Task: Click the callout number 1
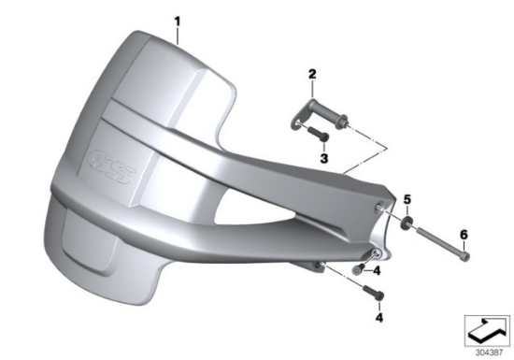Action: pos(177,22)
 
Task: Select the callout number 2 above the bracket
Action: pos(312,74)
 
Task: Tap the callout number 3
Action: pos(324,159)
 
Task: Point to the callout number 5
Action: pos(407,199)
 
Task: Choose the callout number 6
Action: pos(464,235)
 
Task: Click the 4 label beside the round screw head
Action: pos(377,271)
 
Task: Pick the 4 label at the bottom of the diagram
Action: pos(379,317)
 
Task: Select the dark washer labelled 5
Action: pos(406,225)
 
